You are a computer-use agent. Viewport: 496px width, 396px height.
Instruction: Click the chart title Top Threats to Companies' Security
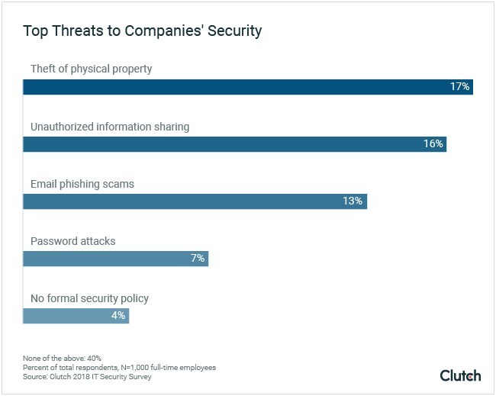(142, 31)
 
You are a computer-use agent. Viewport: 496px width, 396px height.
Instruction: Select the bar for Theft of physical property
(229, 87)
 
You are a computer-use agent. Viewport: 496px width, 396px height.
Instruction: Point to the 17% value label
(459, 87)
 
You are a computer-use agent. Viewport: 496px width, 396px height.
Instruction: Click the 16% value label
(433, 144)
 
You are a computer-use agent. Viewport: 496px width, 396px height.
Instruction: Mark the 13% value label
(353, 201)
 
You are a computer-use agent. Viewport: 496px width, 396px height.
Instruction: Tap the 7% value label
(198, 259)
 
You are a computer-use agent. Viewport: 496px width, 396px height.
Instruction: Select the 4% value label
(118, 316)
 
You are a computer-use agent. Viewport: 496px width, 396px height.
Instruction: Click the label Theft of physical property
(91, 69)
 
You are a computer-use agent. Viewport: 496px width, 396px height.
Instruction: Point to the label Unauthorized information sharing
(110, 127)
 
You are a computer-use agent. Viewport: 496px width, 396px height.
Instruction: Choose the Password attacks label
(72, 241)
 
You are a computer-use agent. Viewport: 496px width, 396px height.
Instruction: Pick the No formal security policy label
(90, 298)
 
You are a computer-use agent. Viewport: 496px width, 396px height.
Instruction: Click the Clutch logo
(460, 375)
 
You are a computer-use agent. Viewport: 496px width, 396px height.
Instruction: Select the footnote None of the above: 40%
(62, 358)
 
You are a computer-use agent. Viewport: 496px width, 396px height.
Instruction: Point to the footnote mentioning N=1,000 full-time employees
(119, 368)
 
